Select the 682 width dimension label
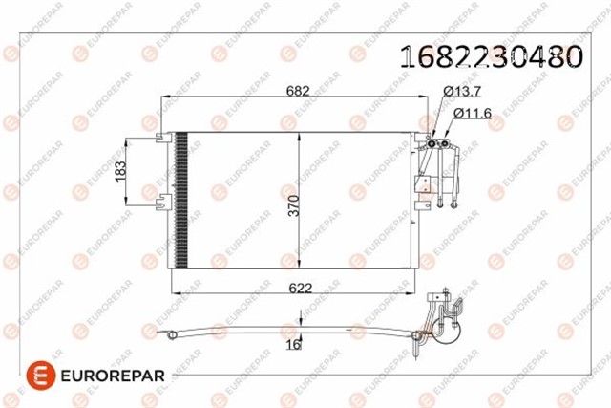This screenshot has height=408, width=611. (x=298, y=92)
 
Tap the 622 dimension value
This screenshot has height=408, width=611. (x=298, y=286)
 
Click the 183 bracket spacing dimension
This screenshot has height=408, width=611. (x=119, y=169)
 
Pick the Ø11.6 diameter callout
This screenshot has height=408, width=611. (x=472, y=114)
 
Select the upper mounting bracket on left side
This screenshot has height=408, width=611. (x=163, y=140)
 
